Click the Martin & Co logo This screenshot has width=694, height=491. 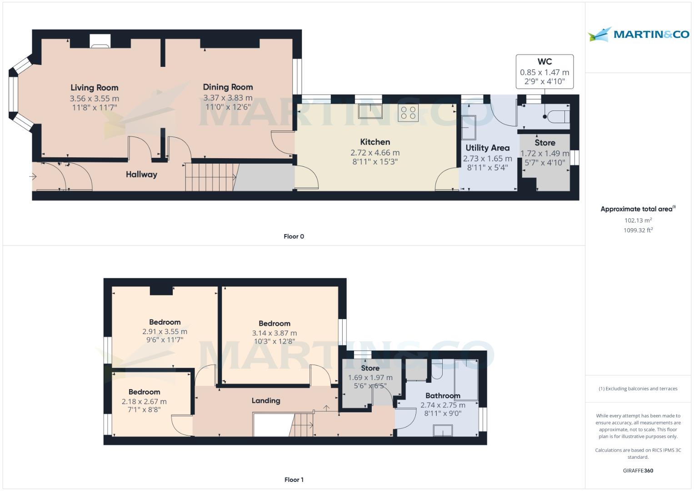coord(638,35)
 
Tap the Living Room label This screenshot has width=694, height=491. coord(94,88)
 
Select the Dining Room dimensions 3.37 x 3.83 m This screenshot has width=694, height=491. coord(228,98)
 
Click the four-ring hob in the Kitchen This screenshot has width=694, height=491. coord(408,112)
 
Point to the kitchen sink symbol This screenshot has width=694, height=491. coord(370,111)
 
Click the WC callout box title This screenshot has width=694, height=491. coord(544,62)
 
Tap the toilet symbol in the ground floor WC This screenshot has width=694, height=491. coord(558,116)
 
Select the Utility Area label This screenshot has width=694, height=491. coord(487,148)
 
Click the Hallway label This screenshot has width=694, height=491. coord(141,174)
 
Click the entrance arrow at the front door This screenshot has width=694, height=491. coord(34,176)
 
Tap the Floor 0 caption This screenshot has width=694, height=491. coord(294,236)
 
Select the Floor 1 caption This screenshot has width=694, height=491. coord(294,480)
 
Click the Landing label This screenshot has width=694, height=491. coord(266,401)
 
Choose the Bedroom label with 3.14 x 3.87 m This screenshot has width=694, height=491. coord(274,323)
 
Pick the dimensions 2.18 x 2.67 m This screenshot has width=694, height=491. coord(144,401)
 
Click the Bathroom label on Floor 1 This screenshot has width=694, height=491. coord(442,396)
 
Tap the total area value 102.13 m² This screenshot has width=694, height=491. coord(638,220)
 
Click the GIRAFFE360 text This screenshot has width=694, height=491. coord(638,471)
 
